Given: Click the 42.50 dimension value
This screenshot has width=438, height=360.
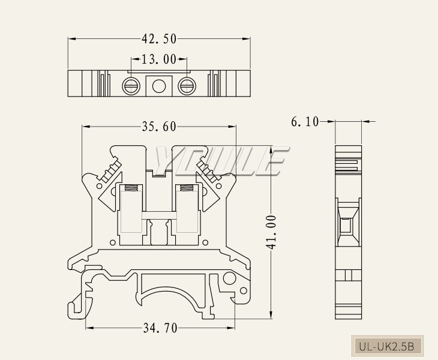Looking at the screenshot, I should click(x=159, y=39).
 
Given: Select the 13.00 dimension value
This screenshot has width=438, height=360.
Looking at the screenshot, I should click(x=159, y=59).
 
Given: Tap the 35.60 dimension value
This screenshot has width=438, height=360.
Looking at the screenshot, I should click(x=159, y=126).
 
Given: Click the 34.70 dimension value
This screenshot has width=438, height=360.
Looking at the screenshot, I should click(x=160, y=328).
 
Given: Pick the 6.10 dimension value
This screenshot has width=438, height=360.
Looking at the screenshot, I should click(x=305, y=122).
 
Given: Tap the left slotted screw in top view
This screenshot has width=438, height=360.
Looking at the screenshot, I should click(x=131, y=86).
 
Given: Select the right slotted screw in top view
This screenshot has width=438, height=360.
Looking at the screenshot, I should click(x=186, y=86).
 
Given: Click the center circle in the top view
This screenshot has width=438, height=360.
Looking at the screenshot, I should click(x=158, y=86).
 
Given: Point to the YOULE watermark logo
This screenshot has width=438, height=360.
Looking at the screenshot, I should click(x=219, y=161).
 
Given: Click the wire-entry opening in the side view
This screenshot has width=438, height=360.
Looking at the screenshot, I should click(x=346, y=226).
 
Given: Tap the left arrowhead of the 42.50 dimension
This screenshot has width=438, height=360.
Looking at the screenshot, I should click(x=70, y=39).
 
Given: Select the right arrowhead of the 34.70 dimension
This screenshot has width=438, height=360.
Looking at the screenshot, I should click(x=233, y=328).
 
